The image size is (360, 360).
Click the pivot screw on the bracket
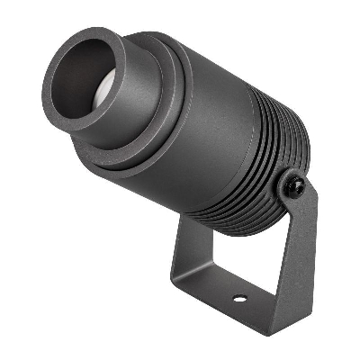pyautogui.click(x=292, y=187)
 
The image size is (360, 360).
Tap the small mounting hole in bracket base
pyautogui.click(x=238, y=298)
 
